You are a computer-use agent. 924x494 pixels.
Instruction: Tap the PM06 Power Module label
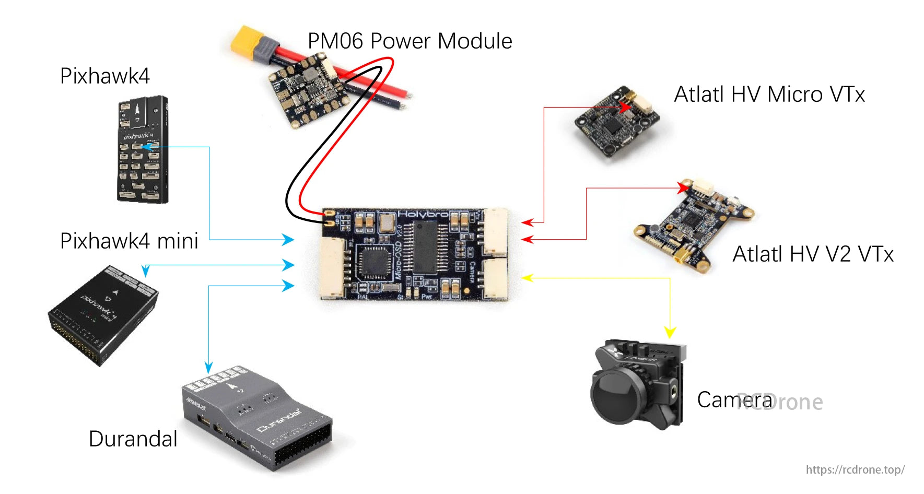pyautogui.click(x=410, y=41)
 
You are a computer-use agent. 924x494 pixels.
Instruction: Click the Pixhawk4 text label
pyautogui.click(x=104, y=76)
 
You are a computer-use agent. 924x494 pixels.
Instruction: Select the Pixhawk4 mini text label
pyautogui.click(x=129, y=241)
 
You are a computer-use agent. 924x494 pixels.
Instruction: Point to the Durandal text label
pyautogui.click(x=133, y=439)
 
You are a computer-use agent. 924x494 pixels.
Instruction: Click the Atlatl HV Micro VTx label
pyautogui.click(x=769, y=95)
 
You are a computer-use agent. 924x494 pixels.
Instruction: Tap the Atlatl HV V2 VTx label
pyautogui.click(x=813, y=255)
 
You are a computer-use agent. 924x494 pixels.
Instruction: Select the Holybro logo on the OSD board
pyautogui.click(x=423, y=214)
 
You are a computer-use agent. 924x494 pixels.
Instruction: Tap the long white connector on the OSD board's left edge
pyautogui.click(x=333, y=267)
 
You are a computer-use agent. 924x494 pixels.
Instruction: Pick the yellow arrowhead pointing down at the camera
pyautogui.click(x=670, y=332)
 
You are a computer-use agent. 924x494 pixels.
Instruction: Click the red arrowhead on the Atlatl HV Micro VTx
pyautogui.click(x=625, y=107)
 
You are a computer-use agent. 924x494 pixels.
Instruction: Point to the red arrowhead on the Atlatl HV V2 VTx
pyautogui.click(x=684, y=186)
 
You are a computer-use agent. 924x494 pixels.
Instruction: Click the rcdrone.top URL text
pyautogui.click(x=855, y=469)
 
